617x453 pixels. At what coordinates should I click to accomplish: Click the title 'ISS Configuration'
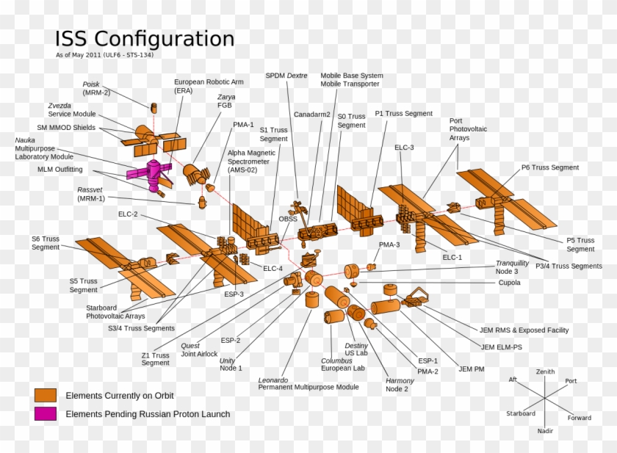145,39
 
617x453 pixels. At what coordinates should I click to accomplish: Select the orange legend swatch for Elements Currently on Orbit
46,395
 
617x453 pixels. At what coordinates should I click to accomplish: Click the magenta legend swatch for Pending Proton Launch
46,414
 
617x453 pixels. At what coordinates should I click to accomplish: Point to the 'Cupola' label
509,283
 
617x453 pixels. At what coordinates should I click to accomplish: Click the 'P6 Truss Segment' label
549,167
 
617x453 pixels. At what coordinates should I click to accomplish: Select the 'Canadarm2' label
311,115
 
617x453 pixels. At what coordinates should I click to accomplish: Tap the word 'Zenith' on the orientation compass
545,372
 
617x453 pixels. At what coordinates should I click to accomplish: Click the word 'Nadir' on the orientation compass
545,431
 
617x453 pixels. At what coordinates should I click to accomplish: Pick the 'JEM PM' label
471,369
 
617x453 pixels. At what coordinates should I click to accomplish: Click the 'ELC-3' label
404,148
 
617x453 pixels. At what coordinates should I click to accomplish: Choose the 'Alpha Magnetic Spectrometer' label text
251,161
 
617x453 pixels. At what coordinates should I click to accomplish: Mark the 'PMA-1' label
243,125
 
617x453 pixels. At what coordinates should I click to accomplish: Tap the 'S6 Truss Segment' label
46,243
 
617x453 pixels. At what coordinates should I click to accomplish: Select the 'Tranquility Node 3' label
512,267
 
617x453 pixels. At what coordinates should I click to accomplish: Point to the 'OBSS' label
288,220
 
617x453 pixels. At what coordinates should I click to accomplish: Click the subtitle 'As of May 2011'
104,55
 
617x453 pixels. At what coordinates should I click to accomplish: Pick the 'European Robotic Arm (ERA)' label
208,86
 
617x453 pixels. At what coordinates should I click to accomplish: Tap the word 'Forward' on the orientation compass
579,418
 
